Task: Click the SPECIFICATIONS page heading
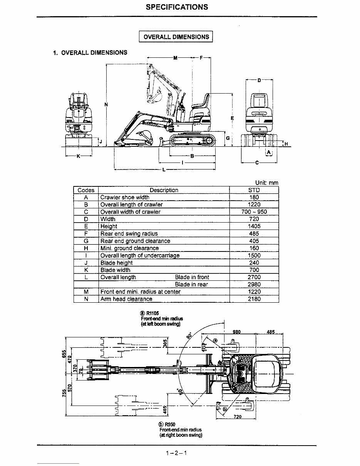click(177, 7)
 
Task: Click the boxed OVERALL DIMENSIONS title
click(176, 37)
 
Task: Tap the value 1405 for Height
click(254, 226)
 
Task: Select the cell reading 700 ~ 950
click(254, 212)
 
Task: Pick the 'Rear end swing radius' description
click(129, 234)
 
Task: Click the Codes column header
click(86, 190)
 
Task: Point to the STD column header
click(254, 190)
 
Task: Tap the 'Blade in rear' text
click(191, 285)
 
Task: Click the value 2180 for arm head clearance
click(254, 299)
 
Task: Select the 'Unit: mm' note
click(266, 183)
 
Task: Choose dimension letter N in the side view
click(106, 104)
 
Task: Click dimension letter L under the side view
click(164, 169)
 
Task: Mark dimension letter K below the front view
click(79, 157)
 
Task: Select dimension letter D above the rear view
click(259, 80)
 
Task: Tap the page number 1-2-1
click(176, 453)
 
